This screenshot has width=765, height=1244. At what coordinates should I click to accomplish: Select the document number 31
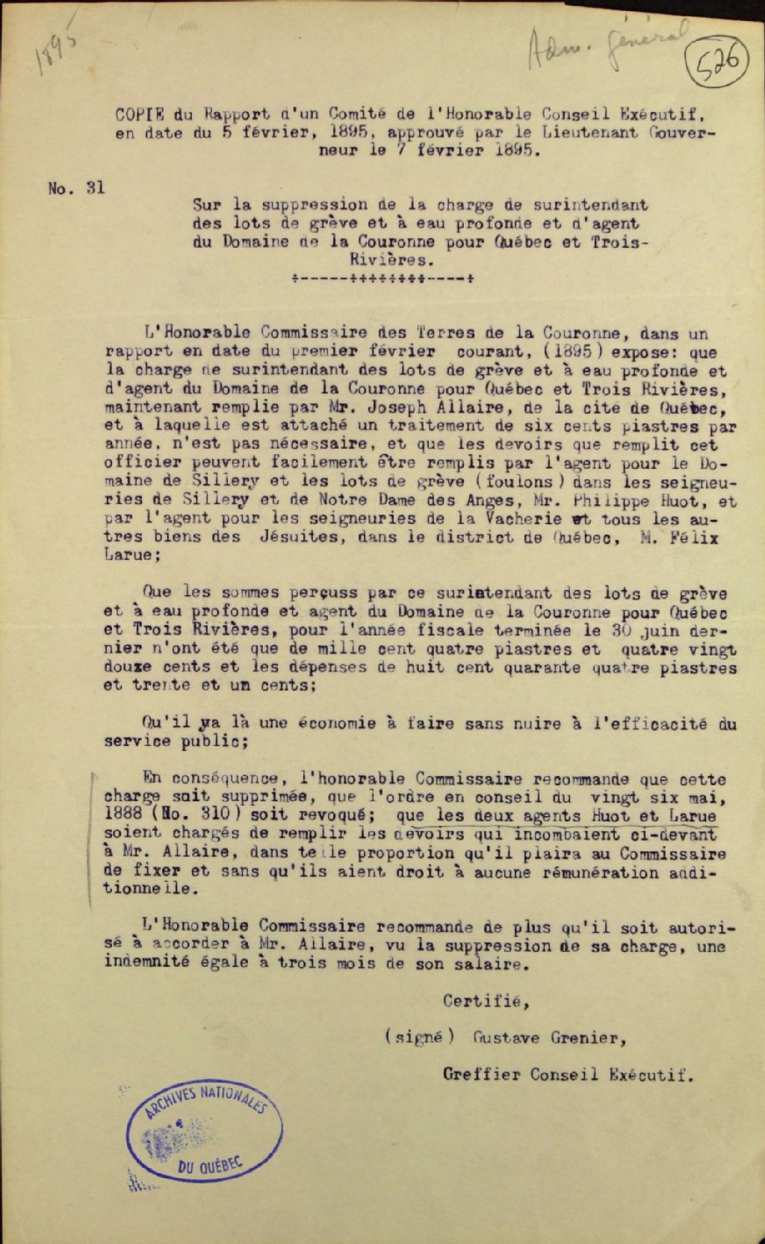95,188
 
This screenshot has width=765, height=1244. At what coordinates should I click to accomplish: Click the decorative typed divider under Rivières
382,280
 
